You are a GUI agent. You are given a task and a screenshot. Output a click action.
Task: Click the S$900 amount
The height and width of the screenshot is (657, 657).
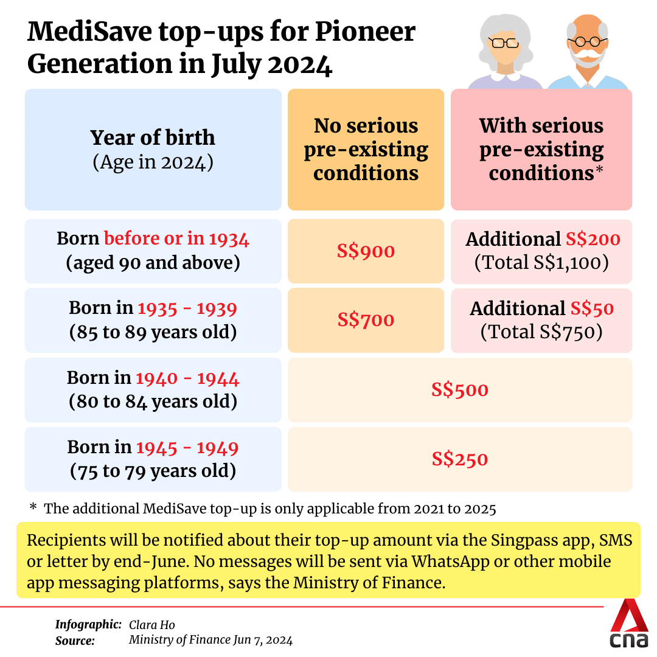pyautogui.click(x=366, y=251)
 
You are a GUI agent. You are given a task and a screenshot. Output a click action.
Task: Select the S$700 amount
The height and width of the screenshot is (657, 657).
pyautogui.click(x=366, y=320)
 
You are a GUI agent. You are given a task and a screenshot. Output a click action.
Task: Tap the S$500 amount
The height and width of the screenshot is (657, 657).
pyautogui.click(x=460, y=389)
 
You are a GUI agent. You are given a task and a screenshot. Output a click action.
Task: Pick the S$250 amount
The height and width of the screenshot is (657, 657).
pyautogui.click(x=460, y=459)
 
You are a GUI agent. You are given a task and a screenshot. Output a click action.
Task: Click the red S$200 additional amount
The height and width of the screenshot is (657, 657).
pyautogui.click(x=593, y=239)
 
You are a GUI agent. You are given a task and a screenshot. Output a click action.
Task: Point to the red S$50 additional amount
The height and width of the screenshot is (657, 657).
pyautogui.click(x=592, y=308)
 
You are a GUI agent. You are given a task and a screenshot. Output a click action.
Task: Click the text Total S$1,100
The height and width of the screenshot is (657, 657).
pyautogui.click(x=541, y=263)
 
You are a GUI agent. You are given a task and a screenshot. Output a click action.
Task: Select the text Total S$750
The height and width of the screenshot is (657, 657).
pyautogui.click(x=541, y=332)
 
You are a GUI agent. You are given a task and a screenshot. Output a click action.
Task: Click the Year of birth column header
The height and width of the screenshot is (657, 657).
pyautogui.click(x=153, y=138)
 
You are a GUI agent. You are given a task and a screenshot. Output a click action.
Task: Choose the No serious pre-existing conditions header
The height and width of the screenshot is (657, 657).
pyautogui.click(x=366, y=149)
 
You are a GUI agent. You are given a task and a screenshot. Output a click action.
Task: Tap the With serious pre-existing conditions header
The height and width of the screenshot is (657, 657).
pyautogui.click(x=541, y=149)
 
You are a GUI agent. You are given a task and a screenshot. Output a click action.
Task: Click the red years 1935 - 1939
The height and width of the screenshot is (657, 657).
pyautogui.click(x=187, y=308)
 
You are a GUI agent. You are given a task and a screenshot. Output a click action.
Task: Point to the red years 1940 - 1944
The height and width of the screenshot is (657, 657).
pyautogui.click(x=187, y=378)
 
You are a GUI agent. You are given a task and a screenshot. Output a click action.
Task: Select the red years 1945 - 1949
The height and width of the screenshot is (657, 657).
pyautogui.click(x=187, y=448)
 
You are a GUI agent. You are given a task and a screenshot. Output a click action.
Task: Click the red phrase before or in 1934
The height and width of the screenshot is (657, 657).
pyautogui.click(x=176, y=239)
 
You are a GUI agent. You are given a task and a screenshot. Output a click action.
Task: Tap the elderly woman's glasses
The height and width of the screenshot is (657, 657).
pyautogui.click(x=504, y=43)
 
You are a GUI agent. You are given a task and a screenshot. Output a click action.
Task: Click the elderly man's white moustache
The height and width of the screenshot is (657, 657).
pyautogui.click(x=587, y=58)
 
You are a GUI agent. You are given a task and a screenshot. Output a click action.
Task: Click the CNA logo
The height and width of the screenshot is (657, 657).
pyautogui.click(x=630, y=627)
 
